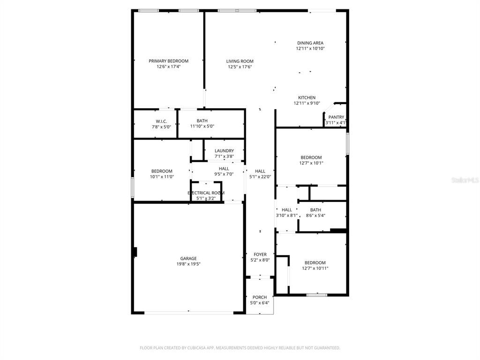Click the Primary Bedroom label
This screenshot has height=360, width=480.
pyautogui.click(x=168, y=61)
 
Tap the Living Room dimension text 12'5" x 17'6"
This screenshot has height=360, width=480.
pyautogui.click(x=240, y=67)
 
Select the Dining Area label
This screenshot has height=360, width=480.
pyautogui.click(x=310, y=43)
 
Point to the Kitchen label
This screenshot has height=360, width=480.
pyautogui.click(x=307, y=97)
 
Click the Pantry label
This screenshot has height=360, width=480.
pyautogui.click(x=336, y=117)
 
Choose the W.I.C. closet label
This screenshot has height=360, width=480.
pyautogui.click(x=161, y=121)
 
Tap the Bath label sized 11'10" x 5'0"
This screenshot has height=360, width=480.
pyautogui.click(x=202, y=120)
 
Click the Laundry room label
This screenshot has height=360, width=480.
pyautogui.click(x=224, y=150)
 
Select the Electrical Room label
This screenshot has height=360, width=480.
pyautogui.click(x=206, y=193)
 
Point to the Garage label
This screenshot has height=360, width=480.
pyautogui.click(x=188, y=258)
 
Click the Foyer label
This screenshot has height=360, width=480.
pyautogui.click(x=260, y=255)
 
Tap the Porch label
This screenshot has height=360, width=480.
pyautogui.click(x=260, y=297)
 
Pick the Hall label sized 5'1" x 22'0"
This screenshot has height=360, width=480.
pyautogui.click(x=260, y=171)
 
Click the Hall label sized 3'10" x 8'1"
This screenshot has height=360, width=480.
pyautogui.click(x=286, y=210)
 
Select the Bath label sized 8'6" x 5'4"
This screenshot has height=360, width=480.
pyautogui.click(x=315, y=210)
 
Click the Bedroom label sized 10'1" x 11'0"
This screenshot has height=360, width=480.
pyautogui.click(x=162, y=171)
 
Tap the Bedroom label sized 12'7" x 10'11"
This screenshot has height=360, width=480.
pyautogui.click(x=315, y=262)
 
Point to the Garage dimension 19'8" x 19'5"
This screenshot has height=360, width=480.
pyautogui.click(x=188, y=264)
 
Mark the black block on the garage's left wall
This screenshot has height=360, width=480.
pyautogui.click(x=135, y=252)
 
